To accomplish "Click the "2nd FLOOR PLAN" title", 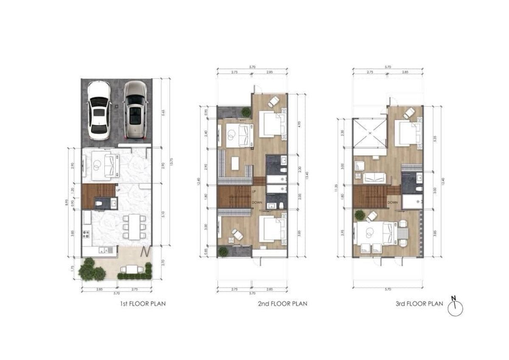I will click(x=282, y=304).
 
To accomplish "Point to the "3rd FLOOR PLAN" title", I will click(x=419, y=304).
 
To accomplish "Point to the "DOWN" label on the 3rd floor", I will click(x=392, y=202).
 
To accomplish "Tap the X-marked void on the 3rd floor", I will click(x=369, y=133).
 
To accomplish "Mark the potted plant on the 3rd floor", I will click(x=360, y=214).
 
